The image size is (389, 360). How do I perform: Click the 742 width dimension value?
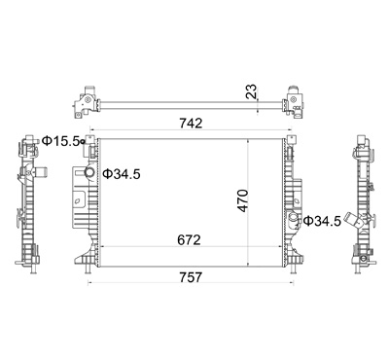(x=192, y=124)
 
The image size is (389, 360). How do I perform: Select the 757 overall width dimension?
(x=190, y=277)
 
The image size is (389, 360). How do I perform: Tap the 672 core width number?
(x=190, y=240)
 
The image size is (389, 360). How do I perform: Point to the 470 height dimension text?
(x=243, y=201)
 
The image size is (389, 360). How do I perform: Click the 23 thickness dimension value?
(x=251, y=91)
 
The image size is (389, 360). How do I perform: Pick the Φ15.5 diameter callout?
(x=60, y=141)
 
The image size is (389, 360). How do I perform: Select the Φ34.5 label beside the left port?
(x=122, y=174)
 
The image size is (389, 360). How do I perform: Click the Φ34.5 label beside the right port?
(x=322, y=221)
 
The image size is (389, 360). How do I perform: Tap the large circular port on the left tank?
(x=89, y=172)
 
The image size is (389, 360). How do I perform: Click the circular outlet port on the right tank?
(x=294, y=218)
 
